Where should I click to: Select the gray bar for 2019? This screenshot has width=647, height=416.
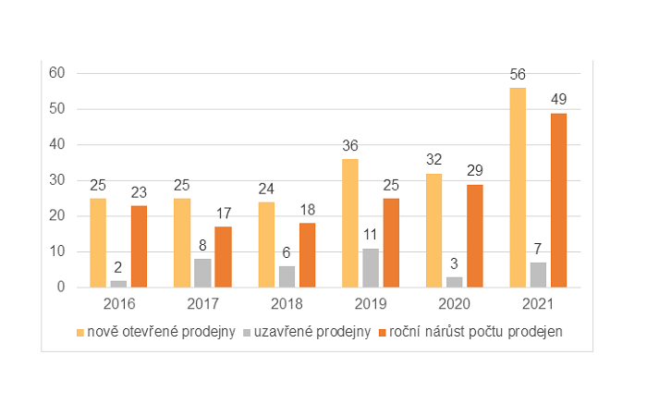pos(372,268)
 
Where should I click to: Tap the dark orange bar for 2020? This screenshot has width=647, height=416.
pos(474,236)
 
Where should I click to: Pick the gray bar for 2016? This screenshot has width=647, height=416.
pos(118,283)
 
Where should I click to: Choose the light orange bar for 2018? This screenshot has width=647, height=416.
pos(266,244)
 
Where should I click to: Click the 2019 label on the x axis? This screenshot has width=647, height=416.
pos(371,303)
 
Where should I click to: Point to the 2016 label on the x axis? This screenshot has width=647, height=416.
pos(118,303)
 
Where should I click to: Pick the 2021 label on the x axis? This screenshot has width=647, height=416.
pos(539,303)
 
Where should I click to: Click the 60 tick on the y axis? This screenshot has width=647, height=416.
pos(56,73)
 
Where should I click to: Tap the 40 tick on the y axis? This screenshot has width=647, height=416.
pos(56,144)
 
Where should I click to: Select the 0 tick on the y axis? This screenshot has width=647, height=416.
pos(60,288)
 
